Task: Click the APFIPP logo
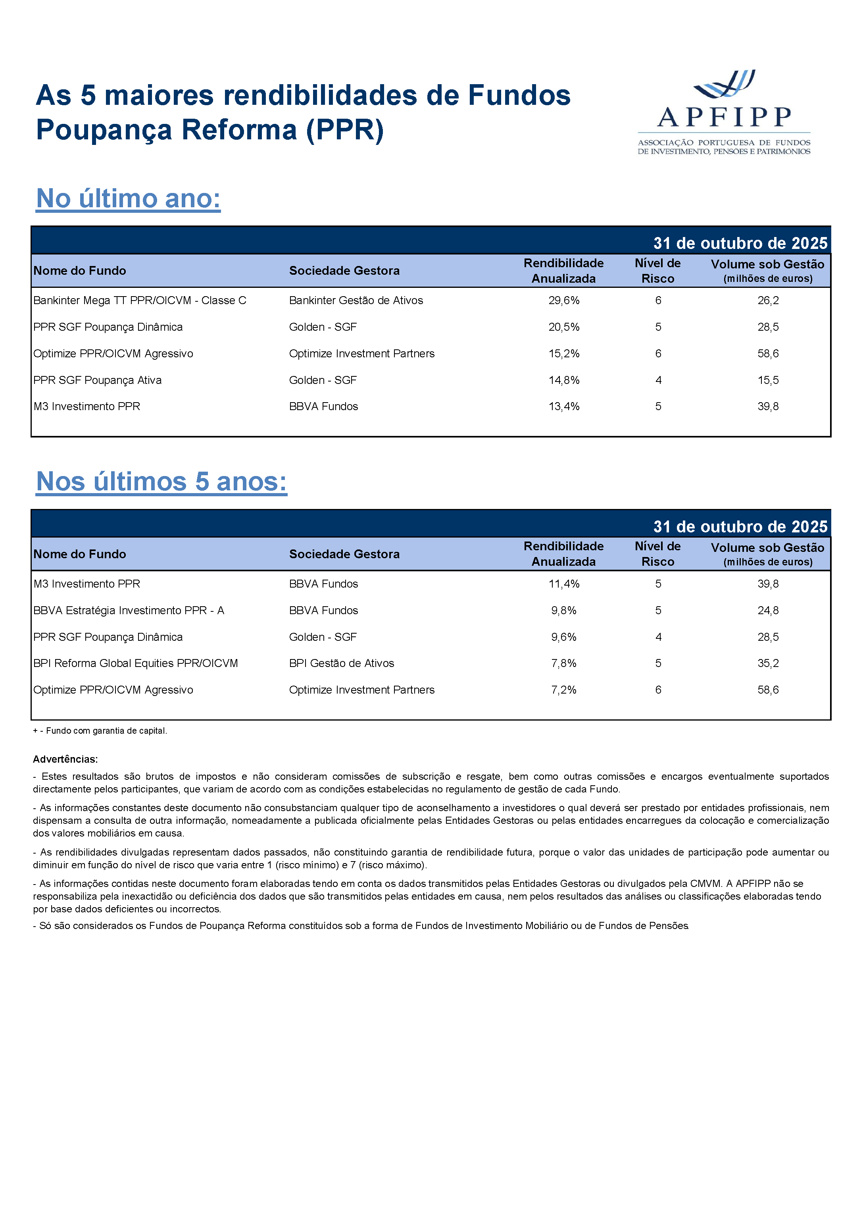724,112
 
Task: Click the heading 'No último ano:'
128,199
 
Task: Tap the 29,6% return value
563,301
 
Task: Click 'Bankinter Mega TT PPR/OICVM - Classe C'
139,301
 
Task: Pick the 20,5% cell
563,327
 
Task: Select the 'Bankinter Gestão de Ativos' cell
356,301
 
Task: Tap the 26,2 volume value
768,301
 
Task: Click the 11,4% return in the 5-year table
563,584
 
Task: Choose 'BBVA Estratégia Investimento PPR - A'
129,611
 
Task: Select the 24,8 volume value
768,611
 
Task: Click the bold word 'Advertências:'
65,759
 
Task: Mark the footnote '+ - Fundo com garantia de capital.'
100,731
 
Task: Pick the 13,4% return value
563,407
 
